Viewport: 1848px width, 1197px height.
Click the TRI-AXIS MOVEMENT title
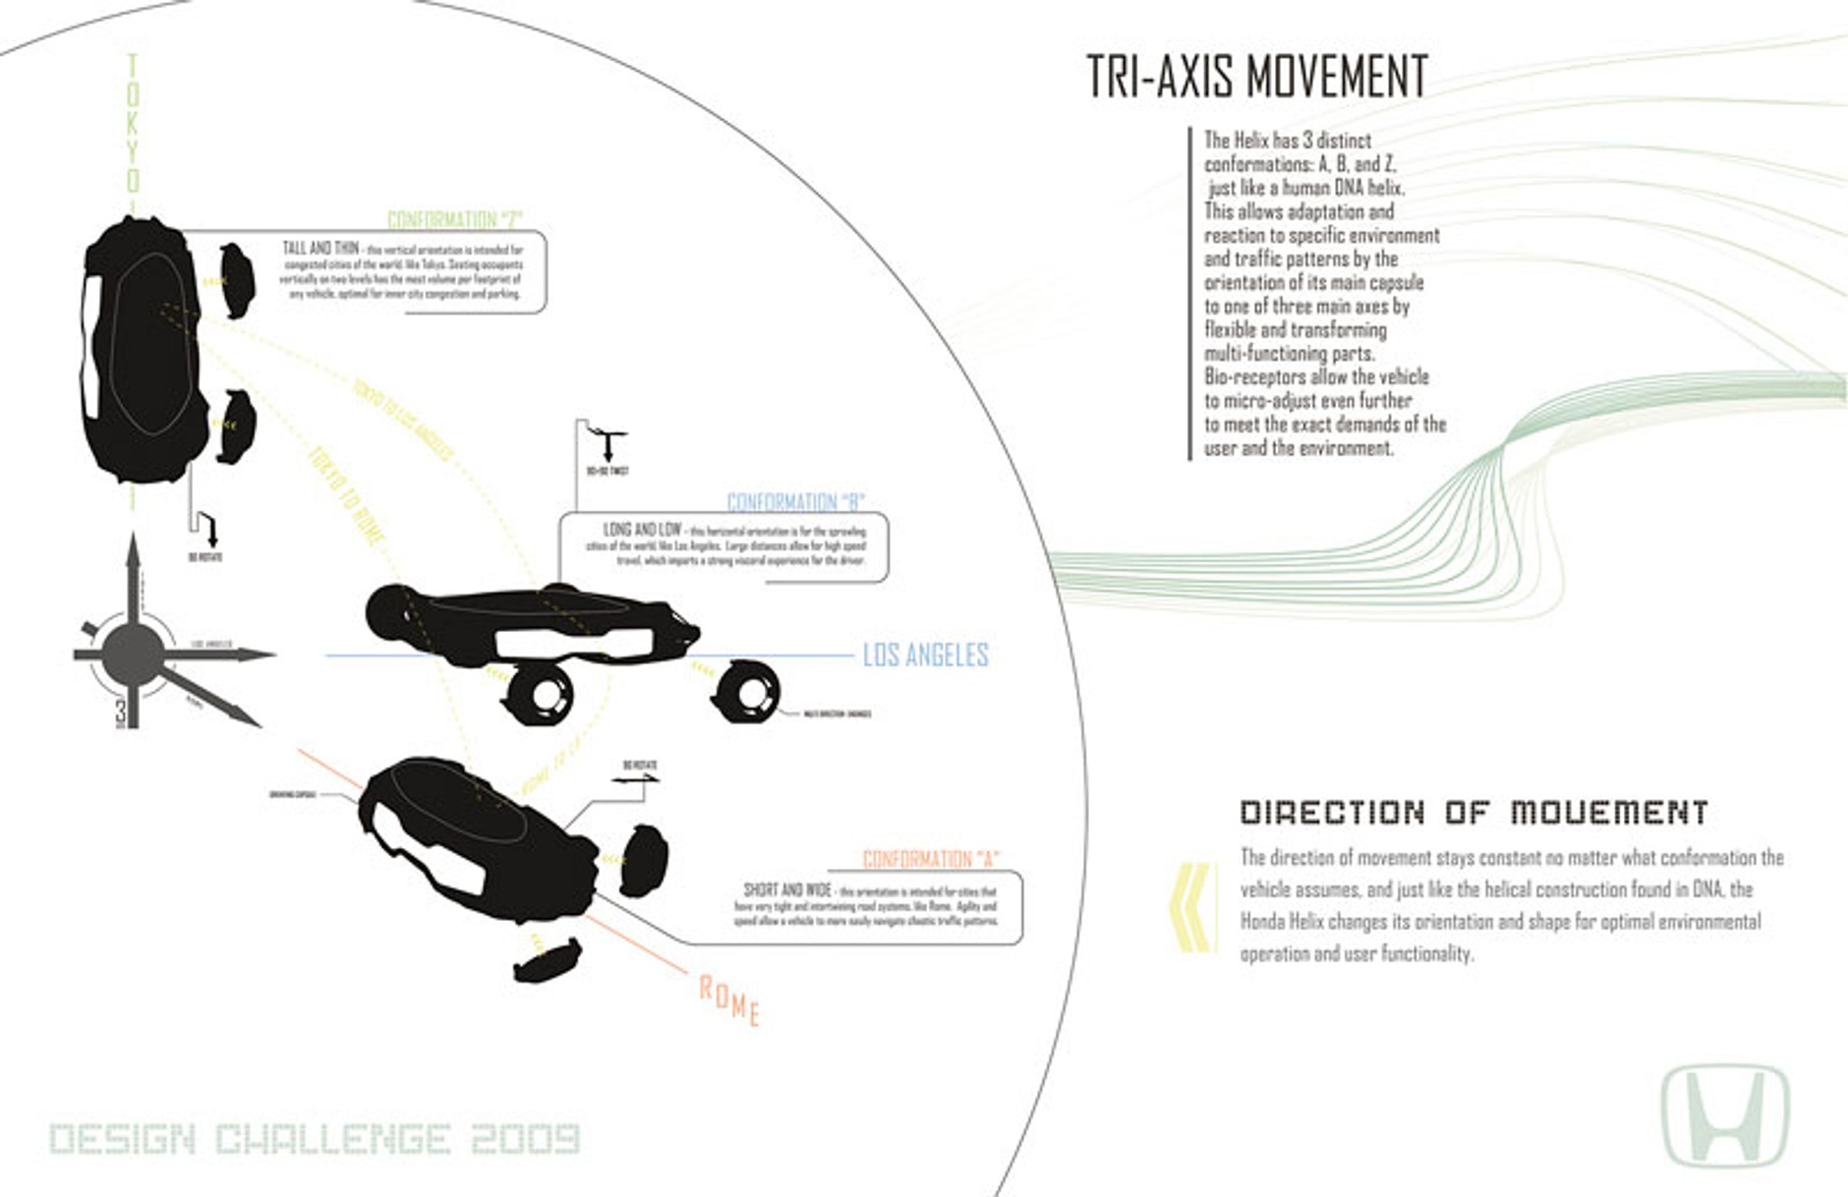point(1256,77)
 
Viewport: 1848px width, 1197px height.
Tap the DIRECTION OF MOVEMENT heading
point(1473,813)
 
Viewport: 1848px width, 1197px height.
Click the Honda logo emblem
point(1725,1115)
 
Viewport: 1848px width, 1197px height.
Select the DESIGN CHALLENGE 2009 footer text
point(315,1139)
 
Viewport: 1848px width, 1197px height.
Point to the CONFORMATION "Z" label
point(455,219)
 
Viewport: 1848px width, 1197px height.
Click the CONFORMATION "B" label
point(795,502)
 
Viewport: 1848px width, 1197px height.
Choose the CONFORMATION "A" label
point(930,859)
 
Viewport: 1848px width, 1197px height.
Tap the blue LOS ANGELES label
point(925,655)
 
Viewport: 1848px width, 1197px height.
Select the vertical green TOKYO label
point(133,124)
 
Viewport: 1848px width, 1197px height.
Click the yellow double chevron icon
point(1190,907)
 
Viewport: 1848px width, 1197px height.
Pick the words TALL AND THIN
point(320,249)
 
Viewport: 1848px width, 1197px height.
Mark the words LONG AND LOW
point(642,530)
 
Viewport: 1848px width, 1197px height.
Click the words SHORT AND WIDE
point(787,889)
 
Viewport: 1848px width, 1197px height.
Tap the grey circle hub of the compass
point(133,654)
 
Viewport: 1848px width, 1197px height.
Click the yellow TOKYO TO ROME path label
point(346,496)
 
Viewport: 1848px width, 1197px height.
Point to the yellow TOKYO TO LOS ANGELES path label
point(403,420)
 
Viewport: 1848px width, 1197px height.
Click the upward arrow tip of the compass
point(133,543)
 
